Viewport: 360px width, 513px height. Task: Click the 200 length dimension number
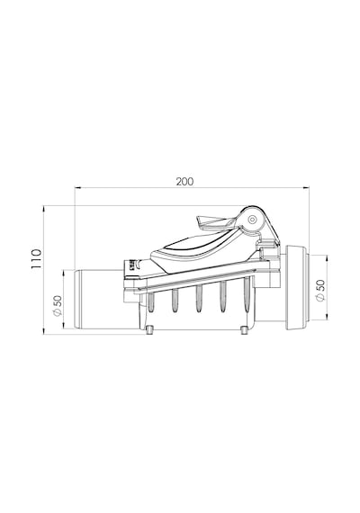coord(184,181)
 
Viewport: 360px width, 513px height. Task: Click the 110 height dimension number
coord(37,258)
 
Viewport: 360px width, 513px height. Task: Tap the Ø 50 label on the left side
coord(58,306)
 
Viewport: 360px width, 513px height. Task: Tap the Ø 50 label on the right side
coord(320,290)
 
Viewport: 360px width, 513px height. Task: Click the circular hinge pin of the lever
coord(252,220)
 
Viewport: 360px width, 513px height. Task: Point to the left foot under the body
coord(149,329)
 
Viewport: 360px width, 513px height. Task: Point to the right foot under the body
coord(244,329)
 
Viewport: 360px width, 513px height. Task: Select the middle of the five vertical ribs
coord(198,298)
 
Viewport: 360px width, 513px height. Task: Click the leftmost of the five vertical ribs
coord(150,301)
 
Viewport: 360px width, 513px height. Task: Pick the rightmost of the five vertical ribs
coord(247,295)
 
